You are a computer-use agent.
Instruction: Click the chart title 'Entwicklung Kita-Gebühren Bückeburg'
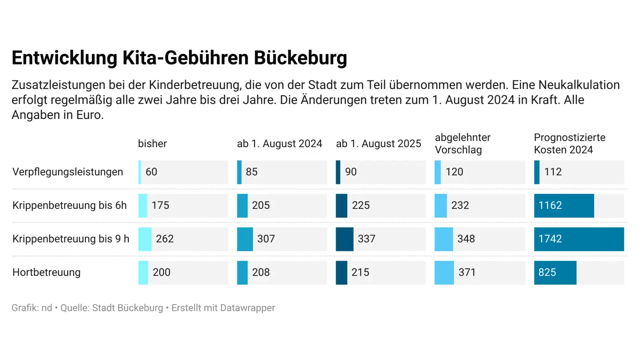click(x=179, y=58)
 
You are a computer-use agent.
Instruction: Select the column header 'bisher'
click(x=152, y=144)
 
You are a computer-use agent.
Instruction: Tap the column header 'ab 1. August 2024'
click(x=279, y=144)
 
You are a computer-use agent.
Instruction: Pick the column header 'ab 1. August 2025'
click(x=378, y=144)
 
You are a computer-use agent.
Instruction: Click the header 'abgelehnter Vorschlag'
click(x=462, y=144)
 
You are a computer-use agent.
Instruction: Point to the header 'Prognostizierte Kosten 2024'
click(x=569, y=144)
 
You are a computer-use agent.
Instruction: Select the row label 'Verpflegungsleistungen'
click(x=68, y=172)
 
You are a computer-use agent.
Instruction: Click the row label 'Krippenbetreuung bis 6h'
click(x=69, y=206)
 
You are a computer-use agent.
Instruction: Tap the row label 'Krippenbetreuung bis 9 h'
click(x=71, y=239)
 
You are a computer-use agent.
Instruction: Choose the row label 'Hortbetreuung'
click(x=46, y=272)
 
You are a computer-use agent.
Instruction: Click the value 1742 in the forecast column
click(x=550, y=239)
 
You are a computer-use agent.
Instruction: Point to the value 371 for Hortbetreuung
click(x=467, y=272)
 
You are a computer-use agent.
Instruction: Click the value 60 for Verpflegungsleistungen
click(x=151, y=172)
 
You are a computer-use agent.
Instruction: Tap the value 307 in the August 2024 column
click(x=266, y=239)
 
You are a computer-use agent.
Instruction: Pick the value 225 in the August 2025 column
click(x=360, y=206)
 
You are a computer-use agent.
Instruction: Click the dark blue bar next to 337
click(x=344, y=239)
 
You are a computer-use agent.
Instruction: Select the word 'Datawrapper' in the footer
click(x=248, y=308)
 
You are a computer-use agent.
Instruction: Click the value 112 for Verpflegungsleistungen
click(x=553, y=172)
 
